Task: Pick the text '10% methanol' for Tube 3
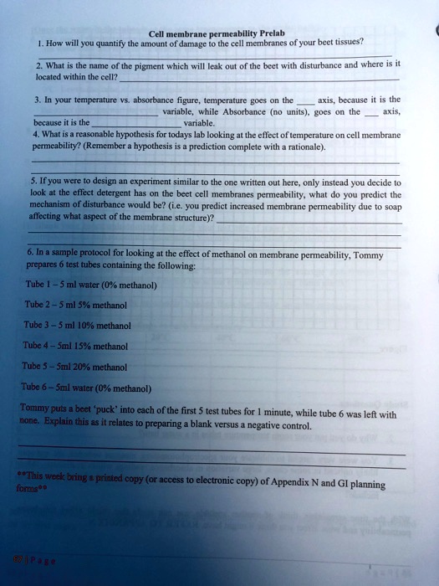pos(104,325)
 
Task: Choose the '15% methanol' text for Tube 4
pos(103,346)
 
